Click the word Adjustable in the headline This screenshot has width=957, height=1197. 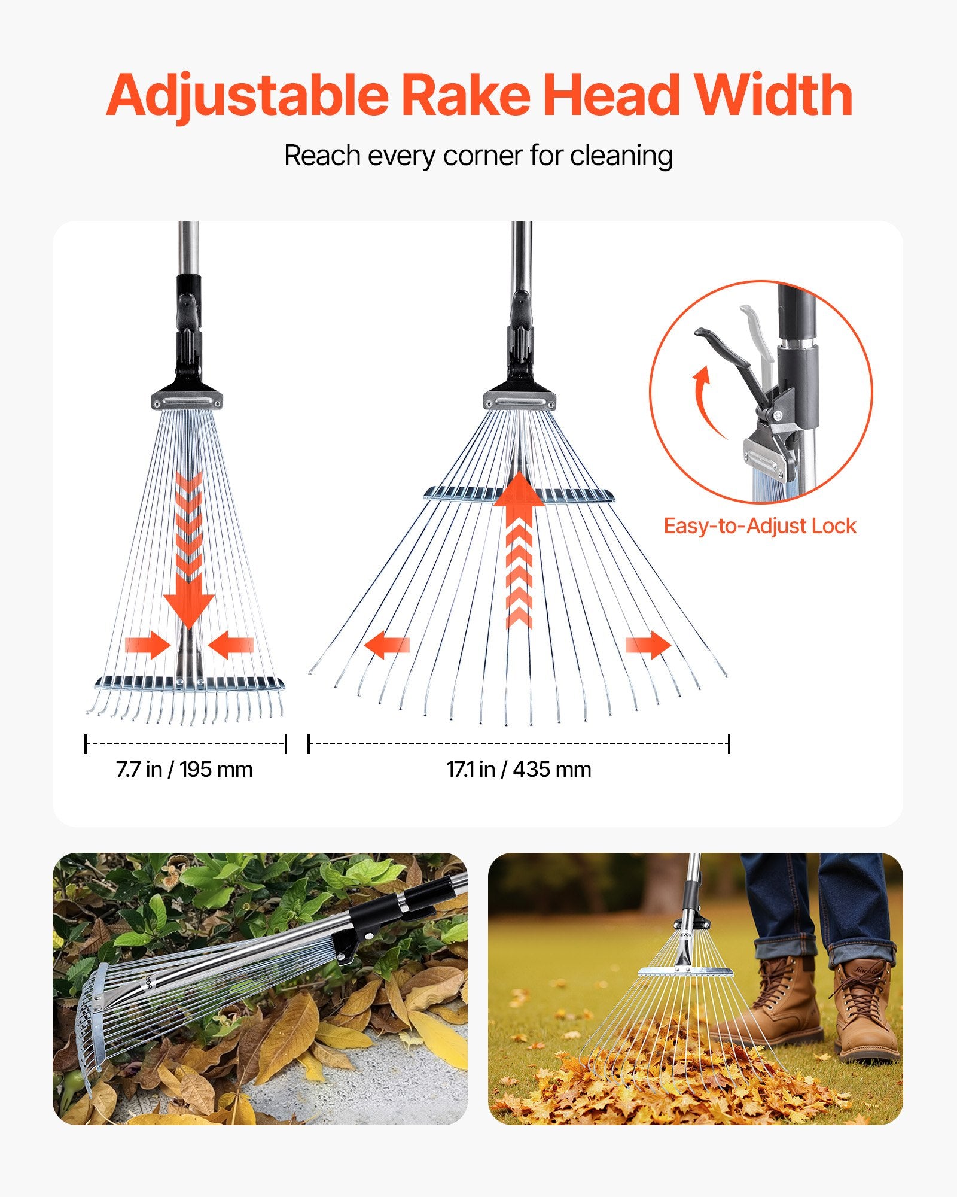tap(248, 96)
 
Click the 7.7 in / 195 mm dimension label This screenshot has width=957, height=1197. tap(184, 769)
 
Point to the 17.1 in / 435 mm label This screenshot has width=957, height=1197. tap(519, 769)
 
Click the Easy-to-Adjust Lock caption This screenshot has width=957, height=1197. tap(760, 526)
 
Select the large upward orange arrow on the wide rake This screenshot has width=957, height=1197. tap(519, 549)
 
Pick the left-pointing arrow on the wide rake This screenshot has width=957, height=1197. tap(386, 645)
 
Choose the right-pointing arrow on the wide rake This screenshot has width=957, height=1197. tap(648, 645)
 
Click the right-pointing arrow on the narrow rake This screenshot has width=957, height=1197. tap(148, 645)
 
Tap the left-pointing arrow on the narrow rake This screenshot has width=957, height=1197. tap(231, 645)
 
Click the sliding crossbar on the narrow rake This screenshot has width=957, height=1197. tap(189, 682)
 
